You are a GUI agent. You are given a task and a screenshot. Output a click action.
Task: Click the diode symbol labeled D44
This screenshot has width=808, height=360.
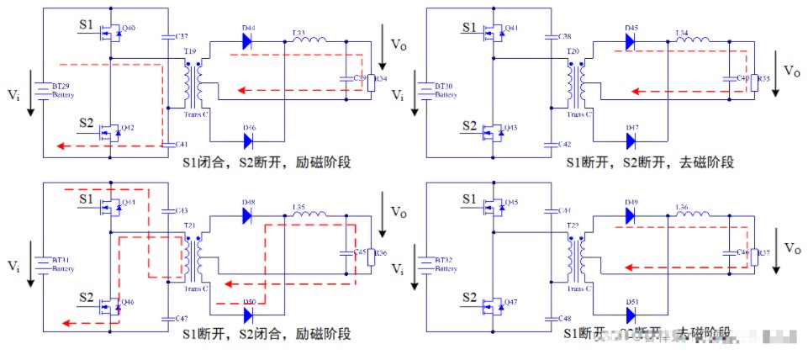click(250, 41)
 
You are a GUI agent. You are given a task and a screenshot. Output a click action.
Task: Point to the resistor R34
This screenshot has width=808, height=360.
click(370, 80)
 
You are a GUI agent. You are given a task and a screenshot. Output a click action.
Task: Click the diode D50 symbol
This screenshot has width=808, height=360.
click(249, 315)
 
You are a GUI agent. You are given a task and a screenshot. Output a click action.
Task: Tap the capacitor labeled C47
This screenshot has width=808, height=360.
click(163, 319)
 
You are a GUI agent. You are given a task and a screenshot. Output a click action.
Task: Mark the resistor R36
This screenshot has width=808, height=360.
click(370, 254)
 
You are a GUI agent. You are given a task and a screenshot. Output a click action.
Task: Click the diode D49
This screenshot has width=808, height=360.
click(631, 214)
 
